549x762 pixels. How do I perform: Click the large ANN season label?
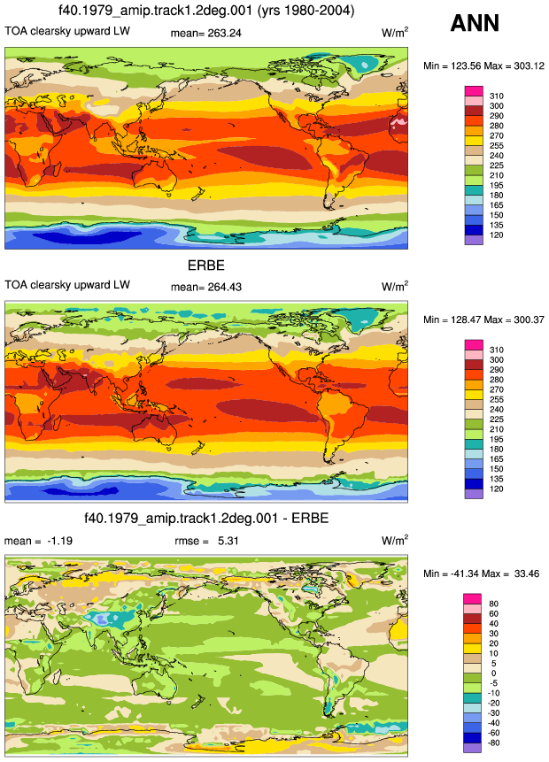pos(475,23)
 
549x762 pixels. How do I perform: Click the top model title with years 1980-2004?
pos(206,11)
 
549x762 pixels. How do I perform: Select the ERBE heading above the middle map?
pos(206,266)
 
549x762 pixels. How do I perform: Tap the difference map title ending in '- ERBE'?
pos(206,518)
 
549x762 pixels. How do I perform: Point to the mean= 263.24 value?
pos(205,33)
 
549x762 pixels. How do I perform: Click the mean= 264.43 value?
pos(205,288)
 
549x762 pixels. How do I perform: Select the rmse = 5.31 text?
pos(206,541)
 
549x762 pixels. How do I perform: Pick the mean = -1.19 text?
pos(38,541)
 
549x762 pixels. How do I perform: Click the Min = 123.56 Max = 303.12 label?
pos(483,66)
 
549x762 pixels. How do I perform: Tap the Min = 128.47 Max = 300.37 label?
pos(483,319)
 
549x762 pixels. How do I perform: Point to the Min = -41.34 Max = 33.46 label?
pos(482,573)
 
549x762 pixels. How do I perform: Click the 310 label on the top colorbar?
pos(497,96)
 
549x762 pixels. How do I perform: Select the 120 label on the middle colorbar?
pos(497,489)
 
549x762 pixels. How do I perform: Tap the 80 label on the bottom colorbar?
pos(493,604)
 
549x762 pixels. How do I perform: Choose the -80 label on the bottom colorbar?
pos(493,743)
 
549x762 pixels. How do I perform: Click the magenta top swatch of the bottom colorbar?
pos(472,598)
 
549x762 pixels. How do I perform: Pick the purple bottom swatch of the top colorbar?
pos(474,240)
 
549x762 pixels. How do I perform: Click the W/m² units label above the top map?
pos(395,33)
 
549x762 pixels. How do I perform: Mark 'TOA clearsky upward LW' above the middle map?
pos(67,285)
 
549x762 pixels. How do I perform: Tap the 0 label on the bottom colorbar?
pos(493,673)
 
